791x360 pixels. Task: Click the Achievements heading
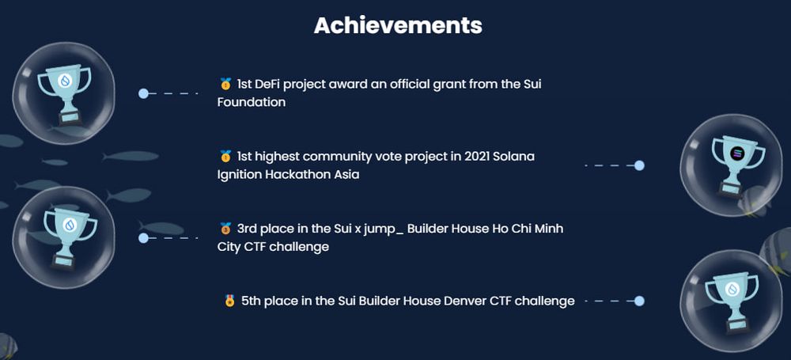click(x=398, y=25)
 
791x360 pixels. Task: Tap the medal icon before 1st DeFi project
click(x=225, y=84)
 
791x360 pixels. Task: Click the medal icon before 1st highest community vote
click(x=225, y=157)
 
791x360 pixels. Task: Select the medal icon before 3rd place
click(x=225, y=229)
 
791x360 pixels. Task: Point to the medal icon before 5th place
click(x=230, y=301)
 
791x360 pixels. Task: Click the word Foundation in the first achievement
click(x=252, y=102)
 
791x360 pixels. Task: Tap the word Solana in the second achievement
click(x=510, y=157)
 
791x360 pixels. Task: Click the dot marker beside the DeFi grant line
click(x=143, y=93)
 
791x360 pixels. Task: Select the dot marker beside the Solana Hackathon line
click(x=639, y=165)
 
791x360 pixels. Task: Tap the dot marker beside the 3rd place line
click(x=143, y=237)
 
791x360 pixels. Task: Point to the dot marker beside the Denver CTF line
click(x=639, y=301)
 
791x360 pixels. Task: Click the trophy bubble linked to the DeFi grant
click(x=65, y=89)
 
